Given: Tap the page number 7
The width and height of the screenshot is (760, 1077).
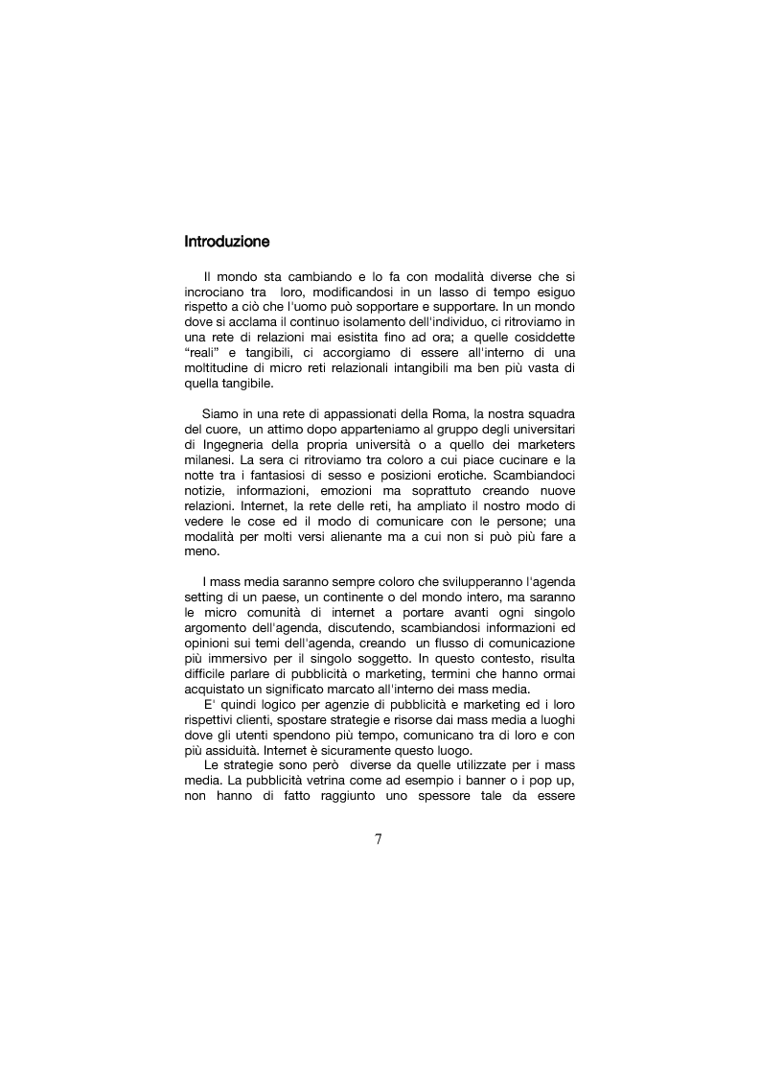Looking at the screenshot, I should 379,839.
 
